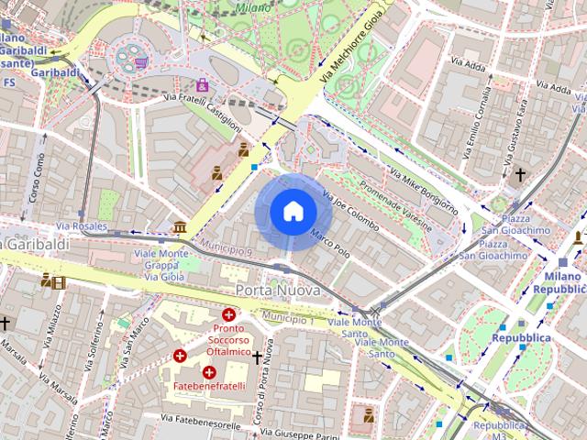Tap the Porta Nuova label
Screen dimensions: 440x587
point(278,290)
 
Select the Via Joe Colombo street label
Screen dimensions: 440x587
point(349,210)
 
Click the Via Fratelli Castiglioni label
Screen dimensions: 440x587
point(204,110)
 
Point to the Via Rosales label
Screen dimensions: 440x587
point(81,225)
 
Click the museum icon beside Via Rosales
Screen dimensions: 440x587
point(179,226)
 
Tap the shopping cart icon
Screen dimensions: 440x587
point(141,62)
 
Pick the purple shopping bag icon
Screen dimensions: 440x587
point(202,85)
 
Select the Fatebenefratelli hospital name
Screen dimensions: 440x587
point(209,386)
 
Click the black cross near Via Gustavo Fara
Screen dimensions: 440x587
point(520,173)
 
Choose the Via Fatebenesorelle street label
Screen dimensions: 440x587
point(200,419)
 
